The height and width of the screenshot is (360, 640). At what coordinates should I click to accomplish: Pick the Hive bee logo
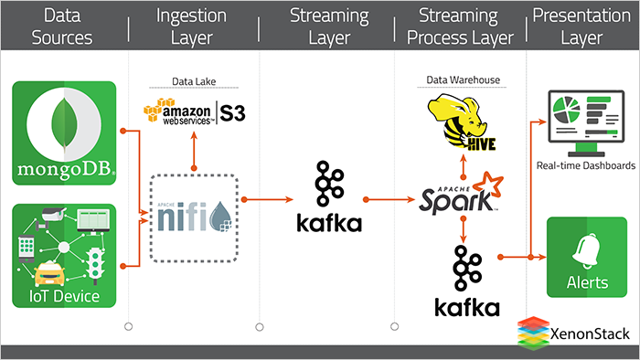[x=463, y=122]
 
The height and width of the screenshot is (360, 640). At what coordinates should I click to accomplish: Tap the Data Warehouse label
[x=463, y=80]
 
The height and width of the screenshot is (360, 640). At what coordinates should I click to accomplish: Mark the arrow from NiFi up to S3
[x=193, y=152]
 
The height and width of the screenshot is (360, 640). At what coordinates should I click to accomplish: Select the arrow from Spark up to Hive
[x=464, y=164]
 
